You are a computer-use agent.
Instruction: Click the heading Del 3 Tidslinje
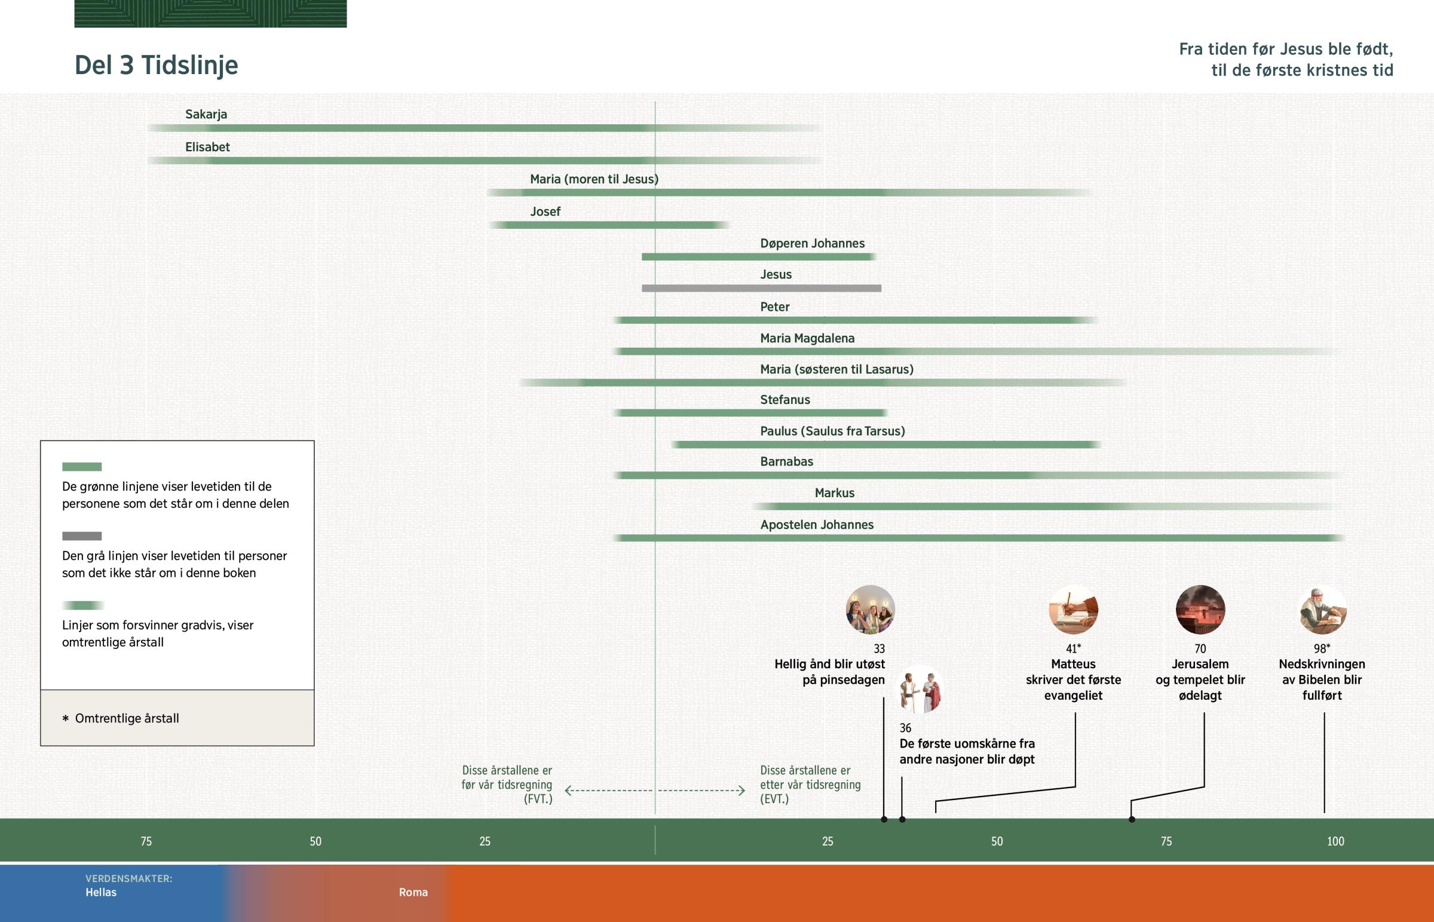(156, 65)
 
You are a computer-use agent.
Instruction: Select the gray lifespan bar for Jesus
(761, 289)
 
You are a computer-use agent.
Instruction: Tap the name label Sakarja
(206, 114)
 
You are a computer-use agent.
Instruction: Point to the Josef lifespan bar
(608, 225)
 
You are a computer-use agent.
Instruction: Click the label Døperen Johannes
(812, 244)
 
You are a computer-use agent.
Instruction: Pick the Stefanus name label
(785, 400)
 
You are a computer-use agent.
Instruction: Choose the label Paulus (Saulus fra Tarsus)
(832, 431)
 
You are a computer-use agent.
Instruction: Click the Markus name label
(834, 494)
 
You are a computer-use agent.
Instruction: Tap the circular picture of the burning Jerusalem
(1200, 609)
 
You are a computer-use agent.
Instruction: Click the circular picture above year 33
(870, 609)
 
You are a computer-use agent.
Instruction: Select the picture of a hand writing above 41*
(1073, 609)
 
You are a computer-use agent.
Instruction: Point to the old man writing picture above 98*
(1323, 609)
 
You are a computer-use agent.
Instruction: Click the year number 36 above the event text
(906, 728)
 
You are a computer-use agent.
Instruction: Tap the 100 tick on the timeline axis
(1335, 841)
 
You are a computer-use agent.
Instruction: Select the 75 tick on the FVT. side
(146, 841)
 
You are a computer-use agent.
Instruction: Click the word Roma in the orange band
(413, 892)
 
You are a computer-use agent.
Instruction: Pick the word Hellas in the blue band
(100, 892)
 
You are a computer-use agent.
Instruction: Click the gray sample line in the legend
(82, 536)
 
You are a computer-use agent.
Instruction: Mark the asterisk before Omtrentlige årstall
(65, 718)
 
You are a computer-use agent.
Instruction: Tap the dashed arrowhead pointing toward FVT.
(568, 791)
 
